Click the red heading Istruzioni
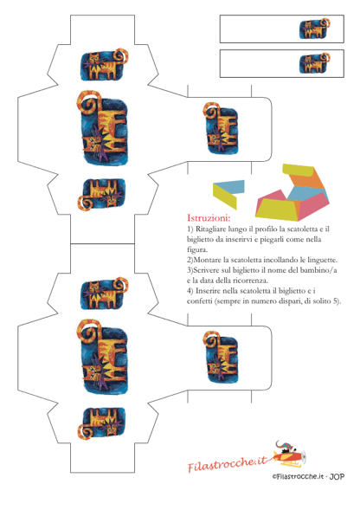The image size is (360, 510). click(x=209, y=217)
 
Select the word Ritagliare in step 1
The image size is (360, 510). click(x=210, y=229)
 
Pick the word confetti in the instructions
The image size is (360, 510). click(x=200, y=301)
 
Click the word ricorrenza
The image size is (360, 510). click(x=250, y=281)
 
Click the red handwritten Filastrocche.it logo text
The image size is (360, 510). click(x=228, y=463)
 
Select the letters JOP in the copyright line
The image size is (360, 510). click(x=337, y=476)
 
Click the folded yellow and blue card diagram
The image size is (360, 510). click(x=228, y=192)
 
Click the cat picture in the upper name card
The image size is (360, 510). click(x=314, y=29)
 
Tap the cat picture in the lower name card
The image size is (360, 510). click(x=314, y=63)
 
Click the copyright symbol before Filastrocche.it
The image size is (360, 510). click(x=274, y=477)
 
